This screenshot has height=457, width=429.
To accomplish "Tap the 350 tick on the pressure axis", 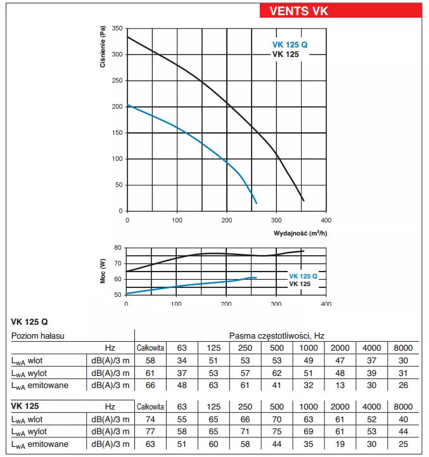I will coord(116,28).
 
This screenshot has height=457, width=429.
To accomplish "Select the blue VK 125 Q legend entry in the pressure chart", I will coord(290,45).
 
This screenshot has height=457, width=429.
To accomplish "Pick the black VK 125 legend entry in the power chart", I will coord(300,284).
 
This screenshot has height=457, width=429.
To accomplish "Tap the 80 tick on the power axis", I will coord(117,248).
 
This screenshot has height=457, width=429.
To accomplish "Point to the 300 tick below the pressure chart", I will coord(276,220).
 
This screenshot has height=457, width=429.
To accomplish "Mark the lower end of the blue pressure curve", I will coord(256,203).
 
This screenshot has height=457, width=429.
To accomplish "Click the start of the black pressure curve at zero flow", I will coord(128,37).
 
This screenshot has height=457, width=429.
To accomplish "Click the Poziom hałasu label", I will coord(37,335).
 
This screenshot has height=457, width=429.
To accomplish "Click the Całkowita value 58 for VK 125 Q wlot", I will coord(151,360).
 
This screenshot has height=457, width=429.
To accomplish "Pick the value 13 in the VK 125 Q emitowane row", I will coord(341,384).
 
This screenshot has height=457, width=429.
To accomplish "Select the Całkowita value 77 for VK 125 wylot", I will coord(151,431).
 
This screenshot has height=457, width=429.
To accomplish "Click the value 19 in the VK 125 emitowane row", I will coord(341,444).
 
